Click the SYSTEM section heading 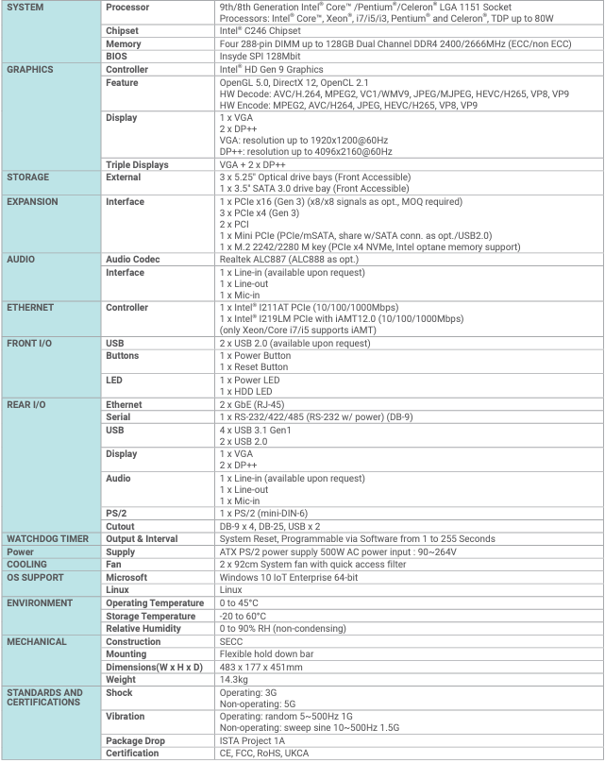coord(26,8)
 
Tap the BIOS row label coord(118,57)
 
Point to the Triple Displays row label coord(137,164)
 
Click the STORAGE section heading coord(28,177)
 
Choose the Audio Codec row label coord(132,259)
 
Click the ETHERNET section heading coord(31,307)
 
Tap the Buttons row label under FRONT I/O coord(123,356)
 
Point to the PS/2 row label coord(117,513)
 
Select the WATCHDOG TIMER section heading coord(47,538)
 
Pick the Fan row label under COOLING coord(114,564)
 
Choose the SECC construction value coord(231,641)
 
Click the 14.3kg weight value coord(234,680)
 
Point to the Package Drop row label coord(135,741)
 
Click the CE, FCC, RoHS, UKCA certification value coord(263,754)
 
